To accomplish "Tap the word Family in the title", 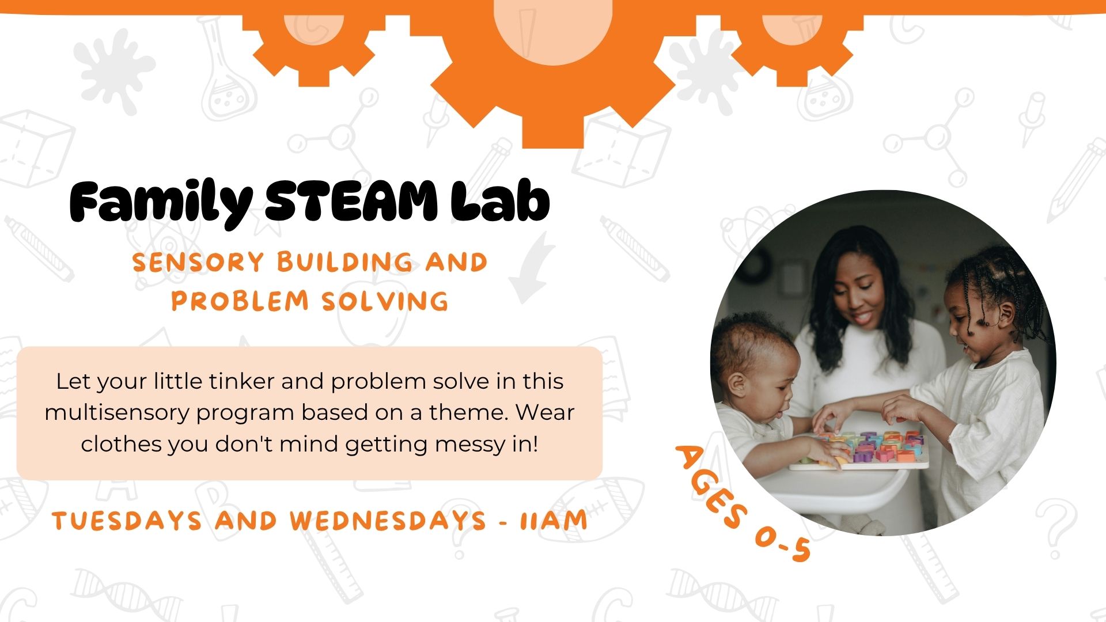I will click(x=161, y=203).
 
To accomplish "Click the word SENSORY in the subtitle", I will click(x=198, y=263).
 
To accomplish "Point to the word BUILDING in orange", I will click(x=344, y=263).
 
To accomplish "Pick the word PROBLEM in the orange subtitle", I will click(x=240, y=301).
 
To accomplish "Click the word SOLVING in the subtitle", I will click(x=385, y=301).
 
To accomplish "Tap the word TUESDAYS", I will click(x=127, y=521).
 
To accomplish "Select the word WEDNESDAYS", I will click(x=388, y=521).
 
